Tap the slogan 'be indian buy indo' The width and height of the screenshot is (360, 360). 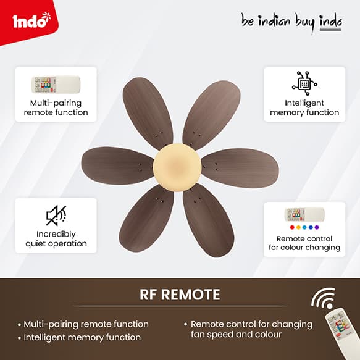(291, 22)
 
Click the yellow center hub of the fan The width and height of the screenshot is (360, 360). (177, 167)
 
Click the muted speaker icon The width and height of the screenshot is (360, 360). (56, 216)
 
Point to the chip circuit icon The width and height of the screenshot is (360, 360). (304, 83)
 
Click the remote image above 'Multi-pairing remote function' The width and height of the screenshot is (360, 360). (56, 84)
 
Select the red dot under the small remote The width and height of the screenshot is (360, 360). (292, 227)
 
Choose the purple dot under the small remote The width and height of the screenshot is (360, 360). (317, 227)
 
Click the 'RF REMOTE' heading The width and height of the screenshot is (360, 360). (180, 295)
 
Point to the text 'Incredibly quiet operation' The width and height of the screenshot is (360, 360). (56, 239)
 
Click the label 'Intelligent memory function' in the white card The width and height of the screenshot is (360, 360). (304, 107)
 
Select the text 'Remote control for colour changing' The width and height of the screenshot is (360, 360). (304, 243)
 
